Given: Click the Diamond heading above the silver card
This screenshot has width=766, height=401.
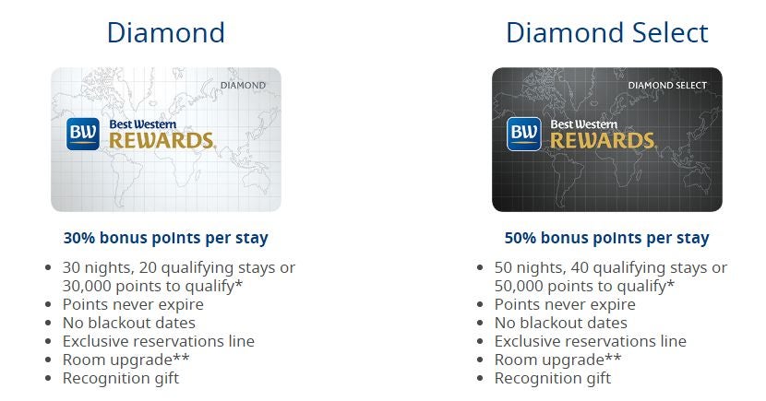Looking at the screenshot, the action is pyautogui.click(x=166, y=32).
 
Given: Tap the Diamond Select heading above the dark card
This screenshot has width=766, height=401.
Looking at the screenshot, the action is pyautogui.click(x=607, y=32).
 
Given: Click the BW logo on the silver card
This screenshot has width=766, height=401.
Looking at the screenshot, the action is pyautogui.click(x=83, y=134).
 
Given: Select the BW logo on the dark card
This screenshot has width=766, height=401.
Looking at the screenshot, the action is pyautogui.click(x=524, y=134).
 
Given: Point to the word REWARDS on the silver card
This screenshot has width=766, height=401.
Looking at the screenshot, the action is pyautogui.click(x=162, y=140).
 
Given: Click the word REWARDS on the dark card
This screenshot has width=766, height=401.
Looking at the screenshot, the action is pyautogui.click(x=603, y=140).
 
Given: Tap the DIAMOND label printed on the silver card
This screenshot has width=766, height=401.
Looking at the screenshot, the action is pyautogui.click(x=243, y=86).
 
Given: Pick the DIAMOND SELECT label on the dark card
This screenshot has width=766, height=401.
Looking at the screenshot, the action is pyautogui.click(x=667, y=86).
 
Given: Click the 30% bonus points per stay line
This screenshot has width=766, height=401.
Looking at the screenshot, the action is pyautogui.click(x=166, y=238).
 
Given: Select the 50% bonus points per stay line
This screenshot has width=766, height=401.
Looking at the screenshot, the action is pyautogui.click(x=606, y=238).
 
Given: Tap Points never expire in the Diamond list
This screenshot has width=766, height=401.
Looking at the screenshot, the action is pyautogui.click(x=133, y=304).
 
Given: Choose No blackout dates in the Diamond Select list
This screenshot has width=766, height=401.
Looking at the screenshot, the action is pyautogui.click(x=561, y=323).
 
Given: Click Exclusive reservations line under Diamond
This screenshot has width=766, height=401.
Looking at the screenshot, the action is pyautogui.click(x=159, y=341).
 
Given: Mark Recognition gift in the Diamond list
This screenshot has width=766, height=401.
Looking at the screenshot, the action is pyautogui.click(x=121, y=378).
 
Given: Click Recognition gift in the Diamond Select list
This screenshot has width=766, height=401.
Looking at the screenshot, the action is pyautogui.click(x=553, y=378).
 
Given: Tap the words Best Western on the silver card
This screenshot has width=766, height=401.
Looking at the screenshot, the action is pyautogui.click(x=143, y=124).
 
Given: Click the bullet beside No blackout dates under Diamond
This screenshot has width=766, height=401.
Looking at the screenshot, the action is pyautogui.click(x=48, y=323).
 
